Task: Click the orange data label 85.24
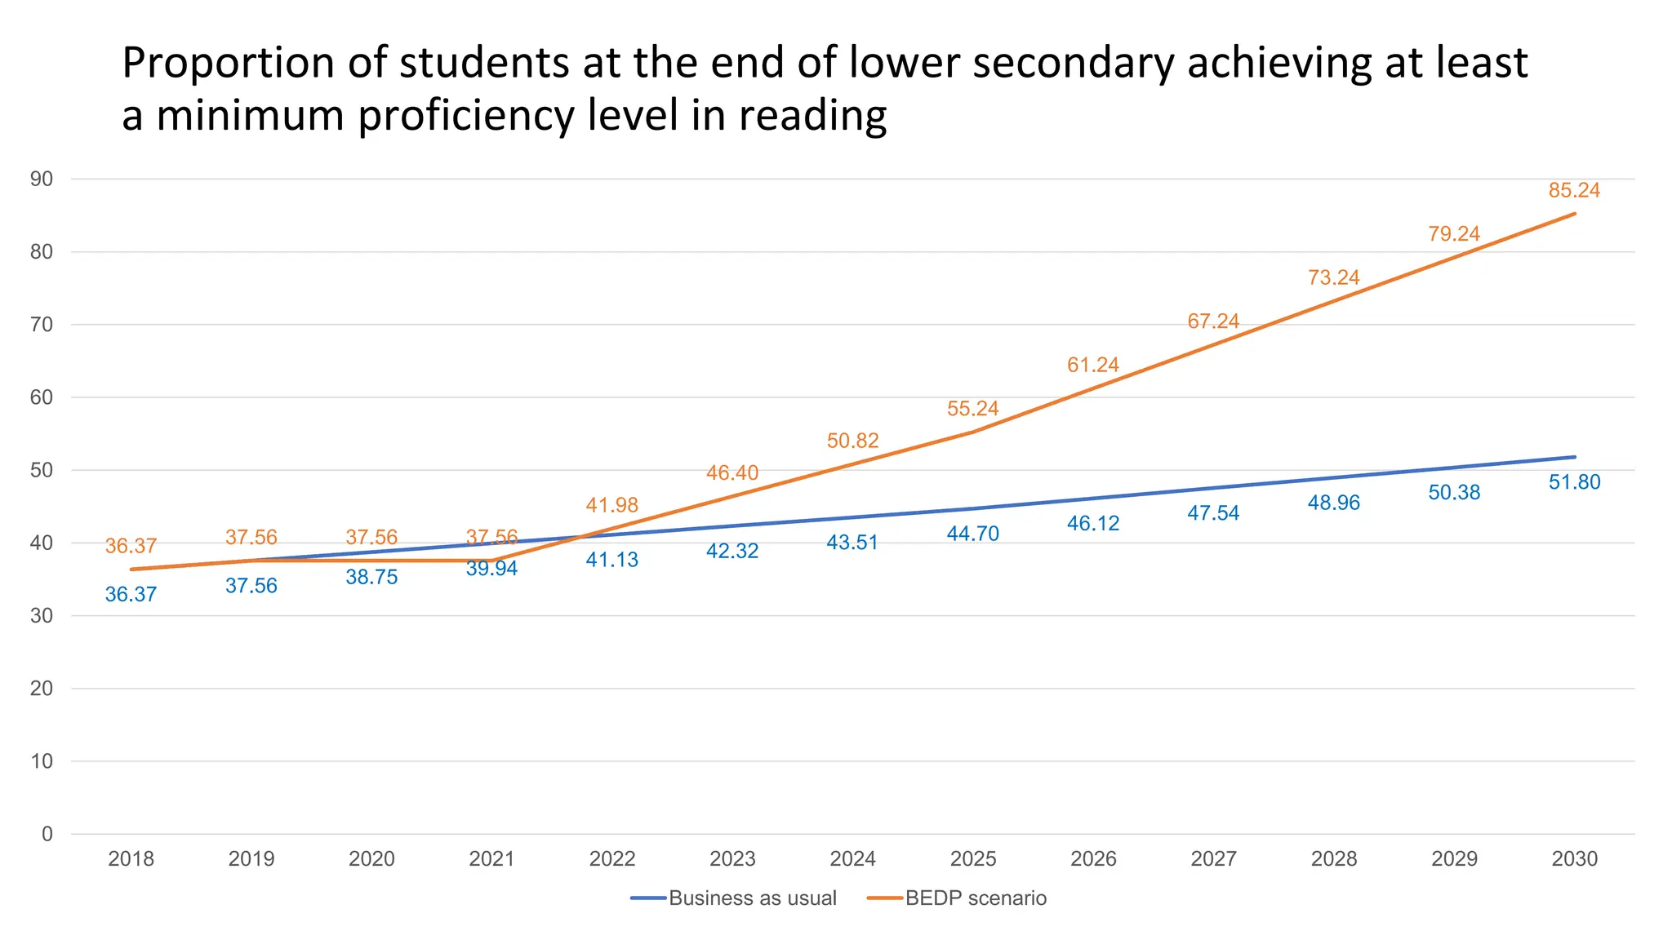pos(1573,190)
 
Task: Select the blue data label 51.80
pos(1574,482)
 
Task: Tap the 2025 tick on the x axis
pos(972,858)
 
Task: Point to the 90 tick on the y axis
pos(42,180)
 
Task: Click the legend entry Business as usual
pos(752,898)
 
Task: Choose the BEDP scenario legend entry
pos(975,898)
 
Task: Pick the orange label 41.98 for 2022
pos(611,505)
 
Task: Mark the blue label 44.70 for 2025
pos(972,534)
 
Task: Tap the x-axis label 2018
pos(131,858)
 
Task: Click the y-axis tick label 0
pos(47,834)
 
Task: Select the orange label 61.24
pos(1092,365)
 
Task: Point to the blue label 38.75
pos(371,577)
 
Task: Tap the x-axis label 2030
pos(1574,858)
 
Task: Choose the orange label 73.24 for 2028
pos(1333,277)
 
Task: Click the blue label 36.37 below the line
pos(131,594)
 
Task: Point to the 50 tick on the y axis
pos(42,470)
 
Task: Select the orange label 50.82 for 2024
pos(852,441)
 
